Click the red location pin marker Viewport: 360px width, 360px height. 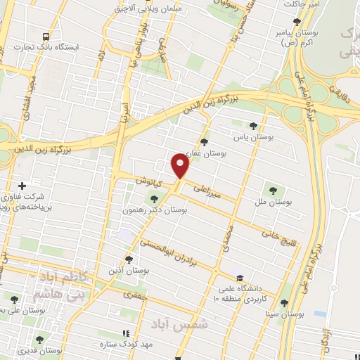pos(179,165)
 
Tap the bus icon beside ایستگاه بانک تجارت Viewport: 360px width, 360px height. pos(46,37)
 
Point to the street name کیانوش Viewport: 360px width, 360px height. pos(149,183)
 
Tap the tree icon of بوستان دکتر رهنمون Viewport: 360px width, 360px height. pos(154,200)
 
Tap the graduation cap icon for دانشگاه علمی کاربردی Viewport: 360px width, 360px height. pos(240,278)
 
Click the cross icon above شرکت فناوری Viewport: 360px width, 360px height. pos(22,186)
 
